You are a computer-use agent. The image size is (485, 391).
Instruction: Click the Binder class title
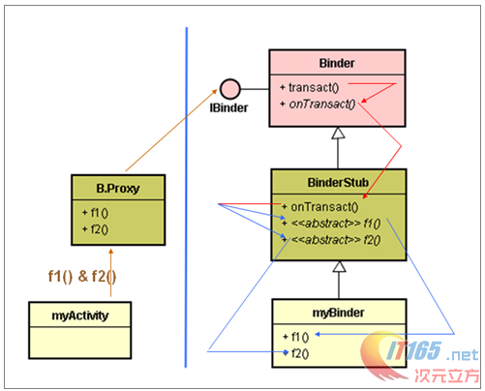pyautogui.click(x=336, y=63)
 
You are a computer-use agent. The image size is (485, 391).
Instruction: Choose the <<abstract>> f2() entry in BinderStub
pyautogui.click(x=329, y=238)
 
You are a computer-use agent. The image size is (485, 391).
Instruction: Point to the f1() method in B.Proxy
pyautogui.click(x=95, y=213)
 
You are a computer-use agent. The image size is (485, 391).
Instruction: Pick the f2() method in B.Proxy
pyautogui.click(x=95, y=228)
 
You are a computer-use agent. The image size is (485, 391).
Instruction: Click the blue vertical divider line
pyautogui.click(x=186, y=194)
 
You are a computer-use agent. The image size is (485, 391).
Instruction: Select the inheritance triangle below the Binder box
pyautogui.click(x=337, y=134)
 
